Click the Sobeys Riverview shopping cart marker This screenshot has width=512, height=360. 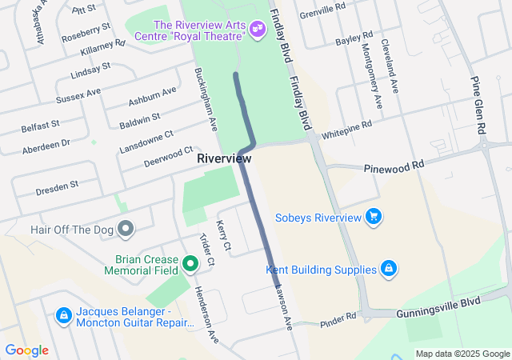tap(373, 217)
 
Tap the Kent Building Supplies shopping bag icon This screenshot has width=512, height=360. tap(388, 268)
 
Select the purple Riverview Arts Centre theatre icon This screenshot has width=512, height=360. tap(257, 29)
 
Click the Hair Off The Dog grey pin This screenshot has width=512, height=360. tap(126, 230)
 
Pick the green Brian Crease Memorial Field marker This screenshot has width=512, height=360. tap(190, 262)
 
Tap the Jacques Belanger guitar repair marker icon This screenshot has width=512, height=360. tap(62, 316)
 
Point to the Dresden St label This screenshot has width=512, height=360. tap(57, 188)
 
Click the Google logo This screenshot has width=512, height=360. tap(26, 350)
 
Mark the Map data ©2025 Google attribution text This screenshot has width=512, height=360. tap(462, 354)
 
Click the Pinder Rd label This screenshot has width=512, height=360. tap(338, 320)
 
